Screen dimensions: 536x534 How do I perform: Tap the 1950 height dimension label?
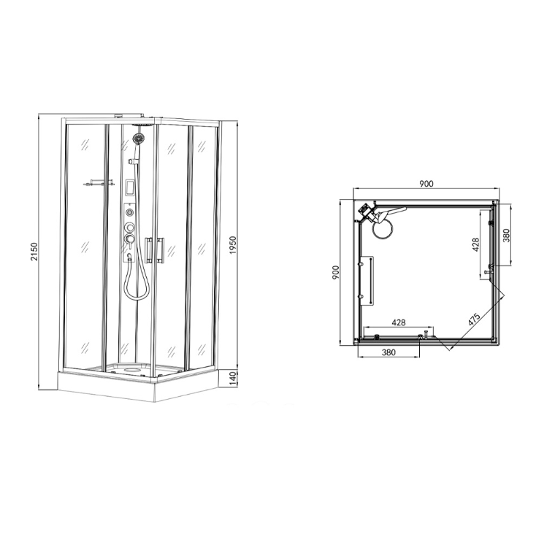click(233, 245)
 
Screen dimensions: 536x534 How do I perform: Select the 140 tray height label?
click(232, 379)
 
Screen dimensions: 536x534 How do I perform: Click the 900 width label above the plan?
click(426, 184)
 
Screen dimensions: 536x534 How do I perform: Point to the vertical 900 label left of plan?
click(336, 272)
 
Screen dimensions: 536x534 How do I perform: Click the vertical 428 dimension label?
click(475, 245)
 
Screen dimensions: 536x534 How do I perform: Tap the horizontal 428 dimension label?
click(399, 322)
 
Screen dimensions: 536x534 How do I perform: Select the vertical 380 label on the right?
click(506, 235)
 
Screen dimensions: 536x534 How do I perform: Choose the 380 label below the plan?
click(388, 352)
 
